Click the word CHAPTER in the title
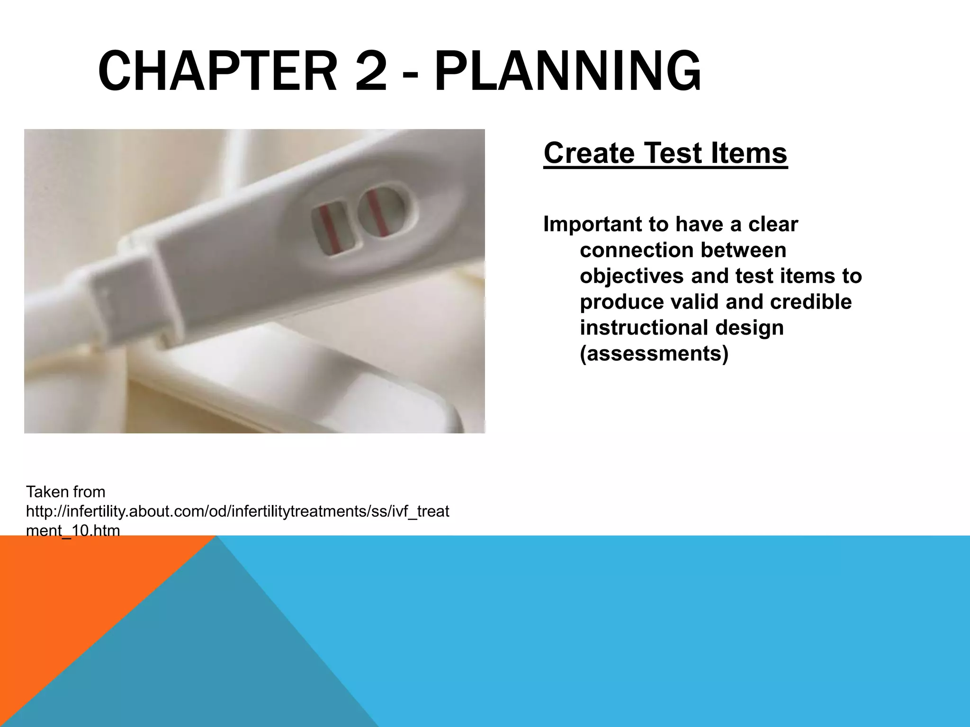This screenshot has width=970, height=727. pos(217,72)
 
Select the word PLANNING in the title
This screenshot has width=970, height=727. pos(567,72)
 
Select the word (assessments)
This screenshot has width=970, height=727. pos(654,354)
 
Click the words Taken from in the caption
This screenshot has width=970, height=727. pos(66,492)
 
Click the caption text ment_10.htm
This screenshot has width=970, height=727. pos(73,531)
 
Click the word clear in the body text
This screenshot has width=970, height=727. pos(773,224)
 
